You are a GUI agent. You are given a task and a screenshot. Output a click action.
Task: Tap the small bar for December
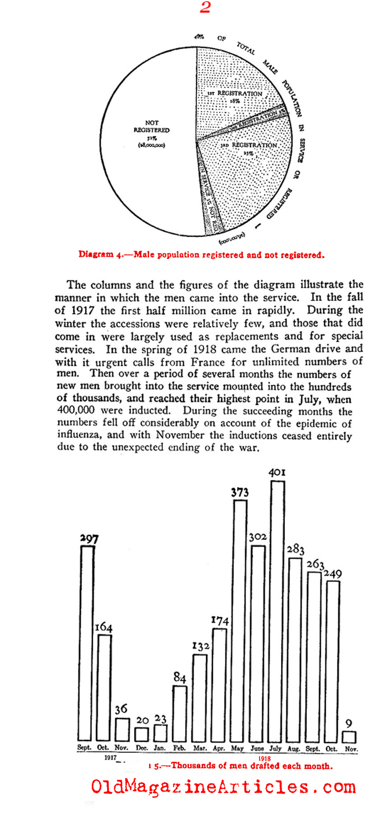(x=141, y=734)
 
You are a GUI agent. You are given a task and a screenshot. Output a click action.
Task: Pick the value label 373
(x=240, y=492)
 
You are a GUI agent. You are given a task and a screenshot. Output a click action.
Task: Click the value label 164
(x=103, y=627)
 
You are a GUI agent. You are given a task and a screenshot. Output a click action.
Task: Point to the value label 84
(x=180, y=677)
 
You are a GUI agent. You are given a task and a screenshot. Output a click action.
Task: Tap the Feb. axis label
(x=179, y=748)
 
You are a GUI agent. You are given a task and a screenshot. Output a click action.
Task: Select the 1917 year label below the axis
(x=110, y=758)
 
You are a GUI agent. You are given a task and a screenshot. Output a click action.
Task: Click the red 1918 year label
(x=265, y=758)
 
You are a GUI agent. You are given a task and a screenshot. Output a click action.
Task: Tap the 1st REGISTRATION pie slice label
(x=239, y=94)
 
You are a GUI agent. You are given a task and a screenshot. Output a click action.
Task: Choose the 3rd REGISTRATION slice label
(x=249, y=145)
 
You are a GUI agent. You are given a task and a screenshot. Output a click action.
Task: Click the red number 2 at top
(x=205, y=7)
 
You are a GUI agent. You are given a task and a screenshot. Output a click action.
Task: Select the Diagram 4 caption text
(x=201, y=255)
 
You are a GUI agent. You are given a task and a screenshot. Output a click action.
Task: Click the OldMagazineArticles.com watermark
(x=223, y=787)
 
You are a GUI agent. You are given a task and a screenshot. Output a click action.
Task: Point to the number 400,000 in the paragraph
(x=76, y=410)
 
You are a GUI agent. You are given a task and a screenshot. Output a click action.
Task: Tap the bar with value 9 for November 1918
(x=349, y=737)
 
